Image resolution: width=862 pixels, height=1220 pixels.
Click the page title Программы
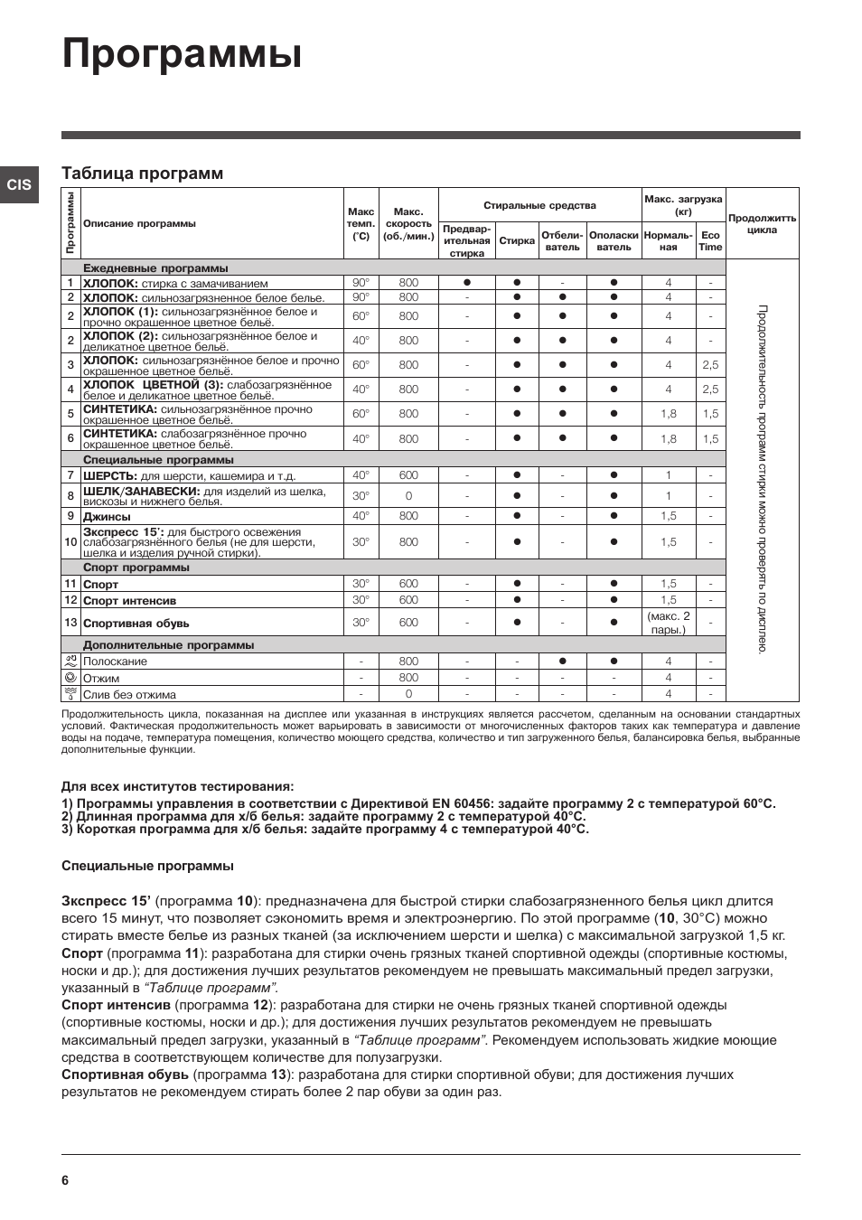[182, 55]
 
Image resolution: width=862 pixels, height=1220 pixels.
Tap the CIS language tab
[19, 185]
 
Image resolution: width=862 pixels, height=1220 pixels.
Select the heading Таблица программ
[142, 174]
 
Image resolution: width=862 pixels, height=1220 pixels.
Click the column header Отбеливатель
[562, 241]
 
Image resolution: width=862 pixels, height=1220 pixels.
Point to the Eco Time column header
[710, 241]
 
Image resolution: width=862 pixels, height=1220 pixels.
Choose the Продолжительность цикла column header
[762, 223]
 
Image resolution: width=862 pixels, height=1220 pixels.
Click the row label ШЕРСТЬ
[110, 475]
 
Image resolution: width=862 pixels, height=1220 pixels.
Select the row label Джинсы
[107, 516]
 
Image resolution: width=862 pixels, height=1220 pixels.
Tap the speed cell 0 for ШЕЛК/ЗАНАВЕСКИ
[408, 496]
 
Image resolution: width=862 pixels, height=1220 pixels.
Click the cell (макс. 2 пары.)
[668, 623]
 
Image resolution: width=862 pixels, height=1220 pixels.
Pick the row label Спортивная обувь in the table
[136, 624]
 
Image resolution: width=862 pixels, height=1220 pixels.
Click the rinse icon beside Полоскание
[70, 661]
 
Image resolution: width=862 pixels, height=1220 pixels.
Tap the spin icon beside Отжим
[70, 677]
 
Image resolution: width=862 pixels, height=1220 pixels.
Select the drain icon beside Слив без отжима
[70, 694]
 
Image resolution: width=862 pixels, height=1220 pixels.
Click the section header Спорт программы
[136, 568]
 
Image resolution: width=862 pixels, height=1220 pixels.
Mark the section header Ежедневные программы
[155, 268]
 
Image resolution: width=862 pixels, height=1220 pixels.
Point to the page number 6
[65, 1180]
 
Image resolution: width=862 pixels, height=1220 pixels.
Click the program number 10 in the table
[70, 542]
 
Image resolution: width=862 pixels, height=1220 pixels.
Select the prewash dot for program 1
[467, 283]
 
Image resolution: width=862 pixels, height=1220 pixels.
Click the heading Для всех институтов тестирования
[177, 786]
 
